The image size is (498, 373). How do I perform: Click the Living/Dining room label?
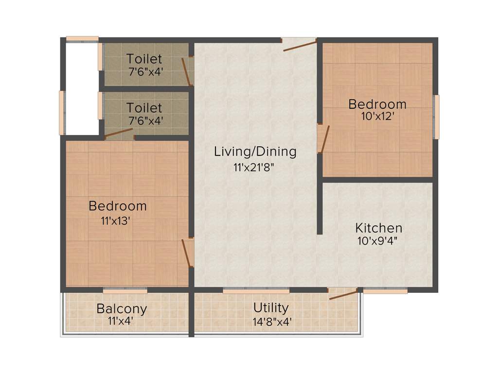pos(255,152)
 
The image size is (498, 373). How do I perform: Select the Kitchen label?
pos(378,228)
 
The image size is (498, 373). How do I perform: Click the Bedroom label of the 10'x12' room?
pos(377,104)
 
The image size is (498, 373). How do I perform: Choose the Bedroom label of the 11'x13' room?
pos(117,206)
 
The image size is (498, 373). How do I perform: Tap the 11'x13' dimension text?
pos(115,221)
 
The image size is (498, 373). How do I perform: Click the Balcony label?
pos(122,308)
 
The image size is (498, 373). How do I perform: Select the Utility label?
pos(271,307)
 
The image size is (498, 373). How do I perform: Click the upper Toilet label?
pos(144,59)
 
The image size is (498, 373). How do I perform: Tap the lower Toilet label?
pos(144,107)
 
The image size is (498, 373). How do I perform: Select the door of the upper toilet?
pos(186,72)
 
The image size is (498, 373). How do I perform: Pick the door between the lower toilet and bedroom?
pos(119,134)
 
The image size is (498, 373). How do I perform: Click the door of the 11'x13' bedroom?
pos(186,253)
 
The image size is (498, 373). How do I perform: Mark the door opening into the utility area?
pos(343,294)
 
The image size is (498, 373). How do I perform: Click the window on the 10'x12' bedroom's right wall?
pos(437,117)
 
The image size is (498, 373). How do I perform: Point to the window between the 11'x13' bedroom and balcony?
pos(125,290)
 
